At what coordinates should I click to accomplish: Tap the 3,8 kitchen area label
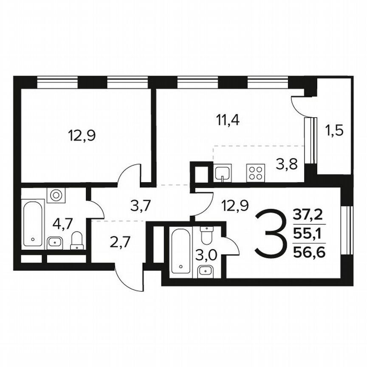284,164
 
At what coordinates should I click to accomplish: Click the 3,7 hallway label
140,207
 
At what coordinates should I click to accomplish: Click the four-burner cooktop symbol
255,173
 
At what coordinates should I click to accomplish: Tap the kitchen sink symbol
223,173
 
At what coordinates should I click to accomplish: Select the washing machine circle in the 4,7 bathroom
56,195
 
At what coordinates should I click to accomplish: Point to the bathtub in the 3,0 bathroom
181,252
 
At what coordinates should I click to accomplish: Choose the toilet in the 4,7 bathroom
76,240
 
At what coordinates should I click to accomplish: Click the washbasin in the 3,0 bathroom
206,270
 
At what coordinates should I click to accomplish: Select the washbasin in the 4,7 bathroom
55,242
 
